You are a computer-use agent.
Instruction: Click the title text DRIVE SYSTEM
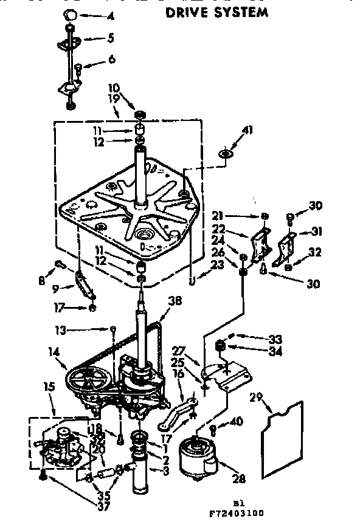(216, 12)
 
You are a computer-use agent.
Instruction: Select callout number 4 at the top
(110, 16)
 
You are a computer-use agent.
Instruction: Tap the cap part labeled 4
(71, 14)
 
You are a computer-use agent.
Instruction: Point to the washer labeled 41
(226, 154)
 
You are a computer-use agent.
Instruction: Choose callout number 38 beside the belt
(176, 300)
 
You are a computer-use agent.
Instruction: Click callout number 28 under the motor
(239, 479)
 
